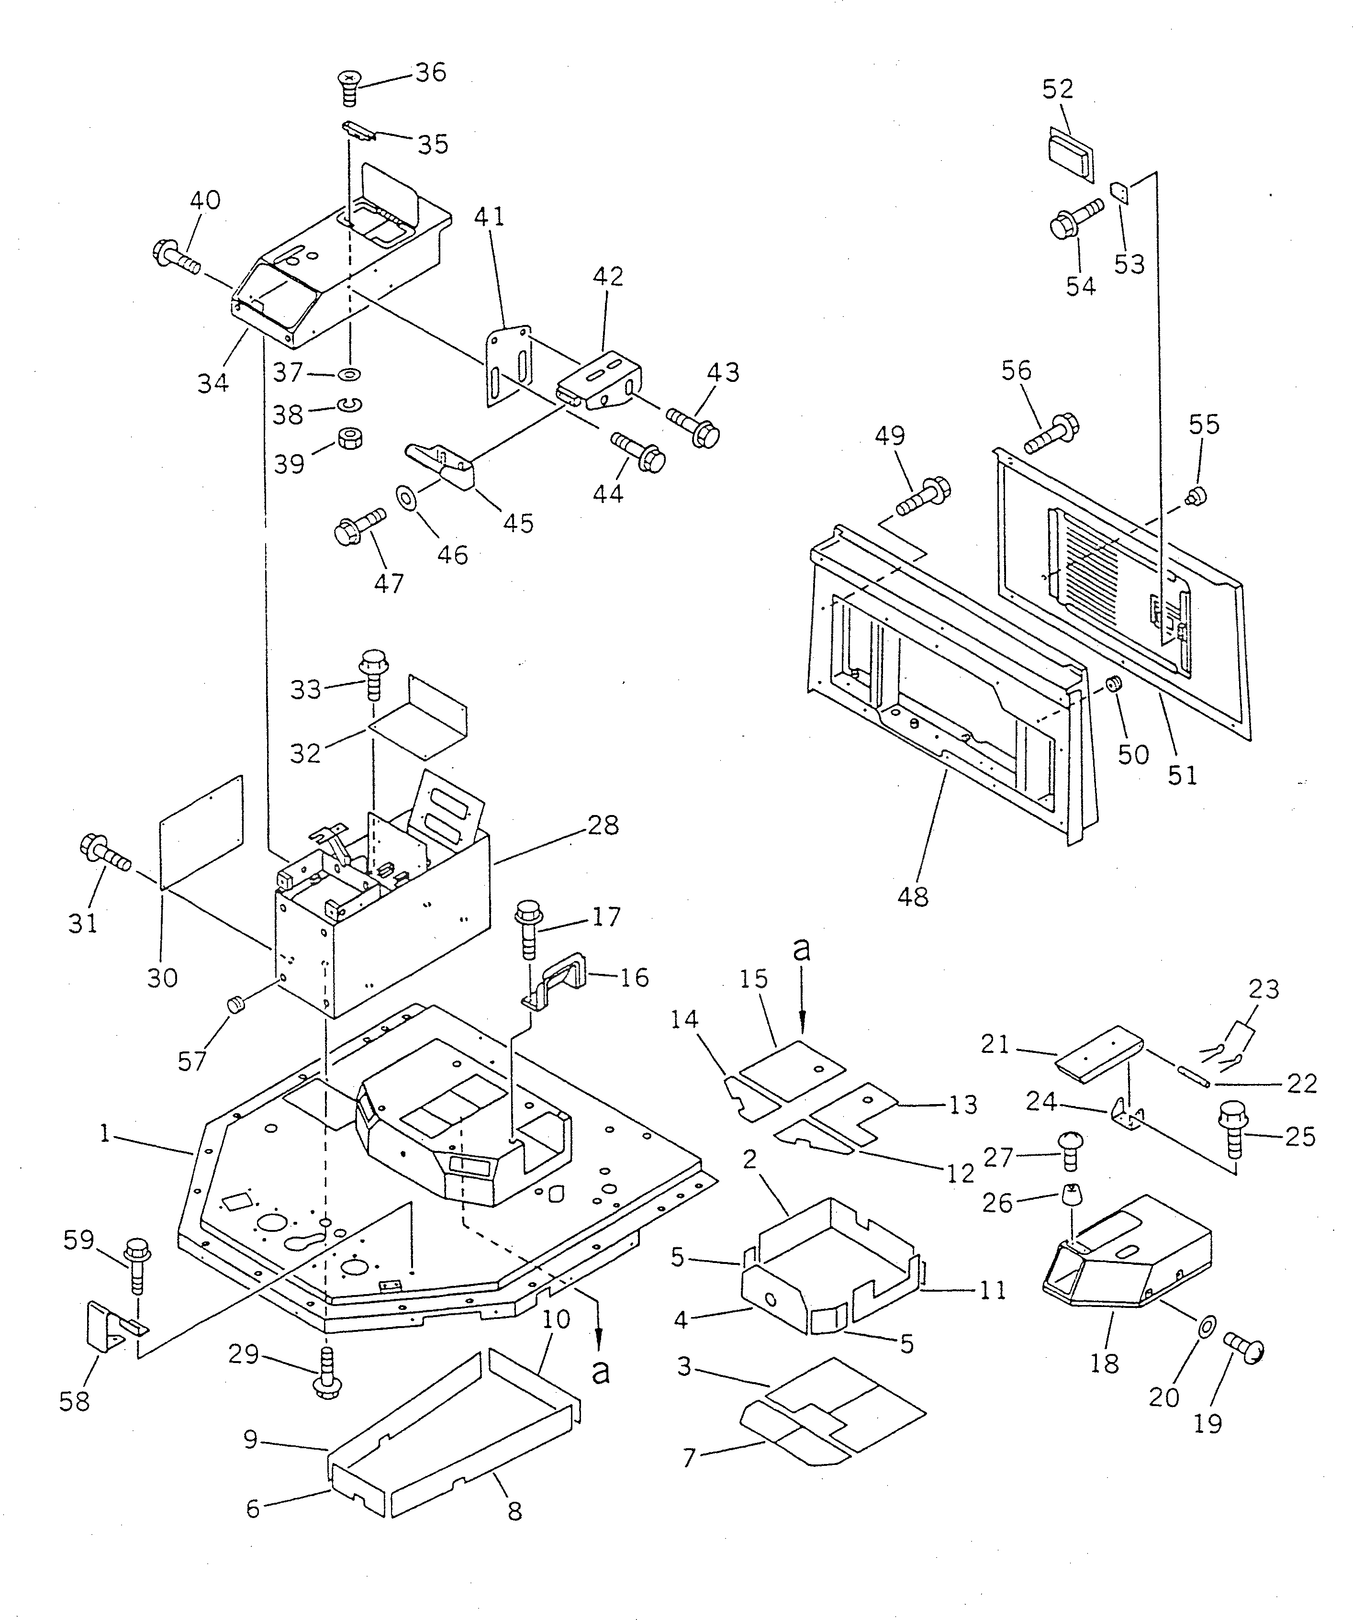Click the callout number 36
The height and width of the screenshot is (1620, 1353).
[430, 73]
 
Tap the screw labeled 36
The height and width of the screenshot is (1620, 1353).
[350, 87]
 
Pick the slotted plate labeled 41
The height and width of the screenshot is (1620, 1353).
[509, 367]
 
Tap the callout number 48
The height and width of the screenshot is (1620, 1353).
[913, 896]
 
